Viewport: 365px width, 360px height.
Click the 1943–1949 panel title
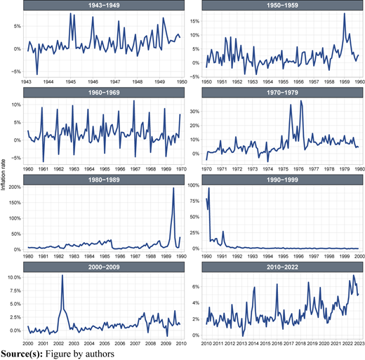click(104, 5)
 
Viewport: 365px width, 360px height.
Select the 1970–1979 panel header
click(282, 93)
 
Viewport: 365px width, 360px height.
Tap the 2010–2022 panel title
click(282, 267)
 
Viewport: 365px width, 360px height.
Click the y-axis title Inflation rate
click(3, 175)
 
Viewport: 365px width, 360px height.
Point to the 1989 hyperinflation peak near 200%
click(173, 188)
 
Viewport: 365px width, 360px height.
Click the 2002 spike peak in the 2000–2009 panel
click(62, 275)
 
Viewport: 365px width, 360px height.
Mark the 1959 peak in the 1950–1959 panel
click(345, 13)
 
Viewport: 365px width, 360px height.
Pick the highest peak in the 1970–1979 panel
click(301, 101)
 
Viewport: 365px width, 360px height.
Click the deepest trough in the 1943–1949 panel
click(37, 74)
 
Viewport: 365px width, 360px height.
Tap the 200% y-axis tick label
click(15, 187)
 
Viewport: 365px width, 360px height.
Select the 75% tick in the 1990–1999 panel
click(194, 201)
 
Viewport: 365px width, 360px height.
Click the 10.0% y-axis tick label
click(14, 277)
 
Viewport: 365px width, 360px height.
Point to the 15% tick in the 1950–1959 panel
click(194, 21)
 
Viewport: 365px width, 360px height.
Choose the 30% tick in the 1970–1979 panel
click(194, 112)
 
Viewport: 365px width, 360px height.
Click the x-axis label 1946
click(93, 81)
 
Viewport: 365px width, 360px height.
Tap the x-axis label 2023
click(359, 343)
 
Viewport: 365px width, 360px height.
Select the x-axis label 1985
click(105, 256)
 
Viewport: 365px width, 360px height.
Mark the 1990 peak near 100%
click(208, 188)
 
